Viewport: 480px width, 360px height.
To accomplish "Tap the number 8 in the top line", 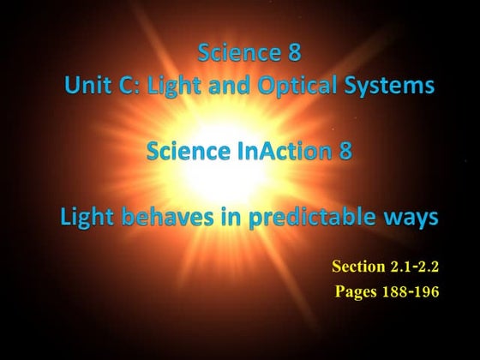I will [293, 53].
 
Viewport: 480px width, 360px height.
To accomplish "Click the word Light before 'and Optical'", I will [167, 86].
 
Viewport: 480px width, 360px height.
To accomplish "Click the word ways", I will [411, 218].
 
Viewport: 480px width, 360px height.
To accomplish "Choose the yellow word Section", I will [359, 267].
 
